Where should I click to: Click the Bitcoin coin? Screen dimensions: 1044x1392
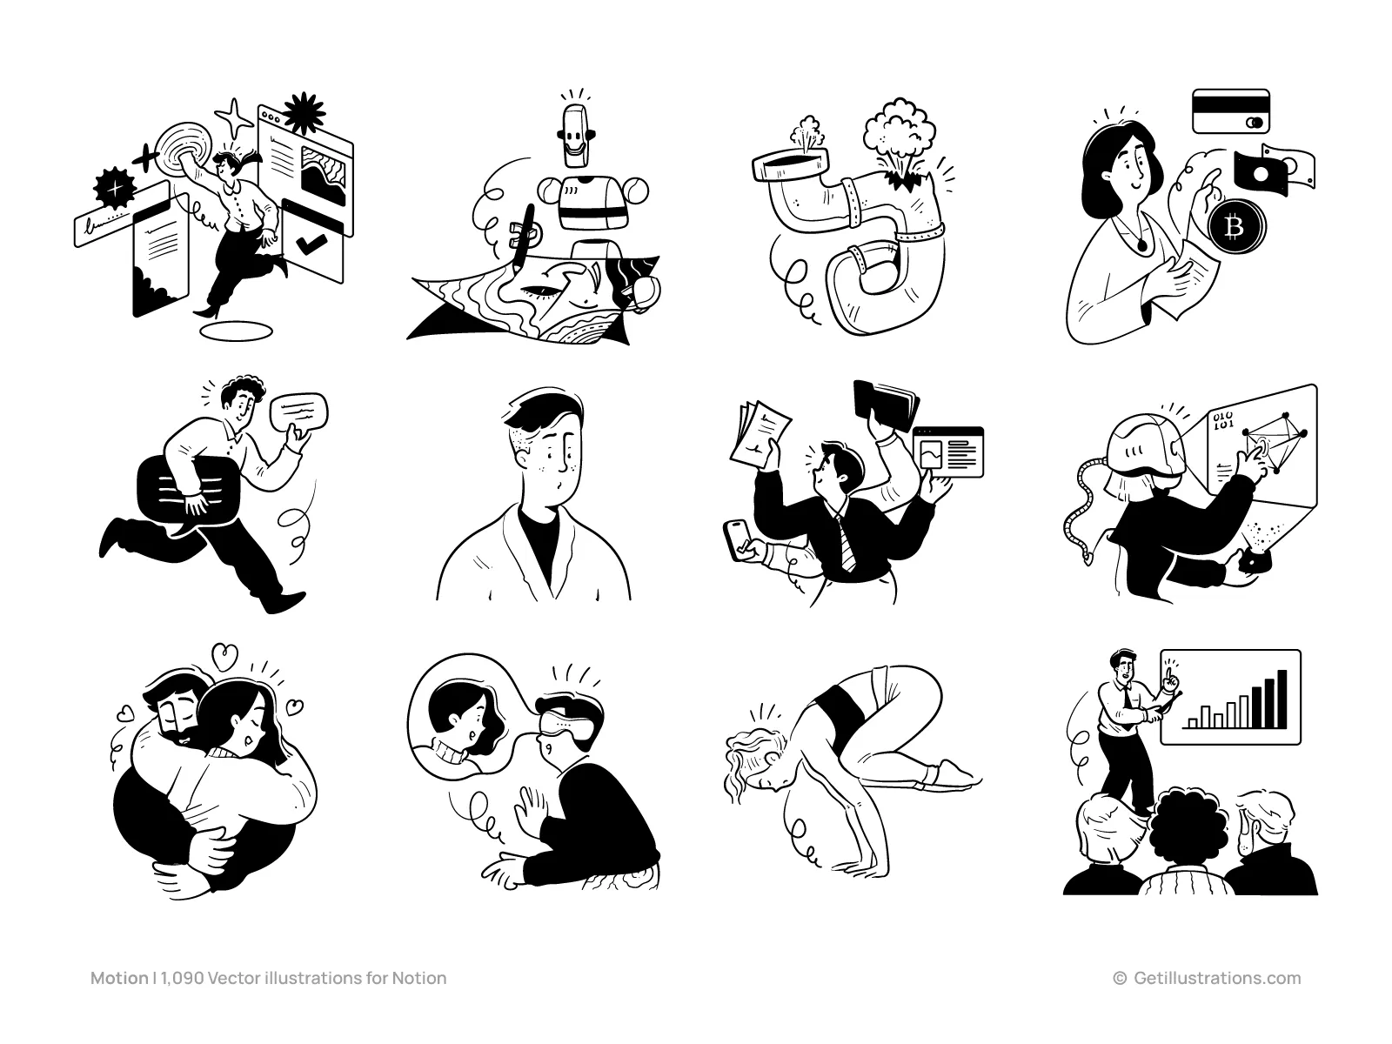point(1235,228)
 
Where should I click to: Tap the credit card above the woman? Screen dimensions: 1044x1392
point(1231,111)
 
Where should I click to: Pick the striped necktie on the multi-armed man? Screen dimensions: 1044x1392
point(844,544)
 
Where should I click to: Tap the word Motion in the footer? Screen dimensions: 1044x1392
point(119,979)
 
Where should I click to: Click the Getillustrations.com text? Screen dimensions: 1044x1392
point(1217,979)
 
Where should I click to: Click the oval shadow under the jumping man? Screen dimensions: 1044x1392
point(237,330)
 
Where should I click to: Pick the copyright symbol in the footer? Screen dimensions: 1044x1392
point(1120,979)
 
